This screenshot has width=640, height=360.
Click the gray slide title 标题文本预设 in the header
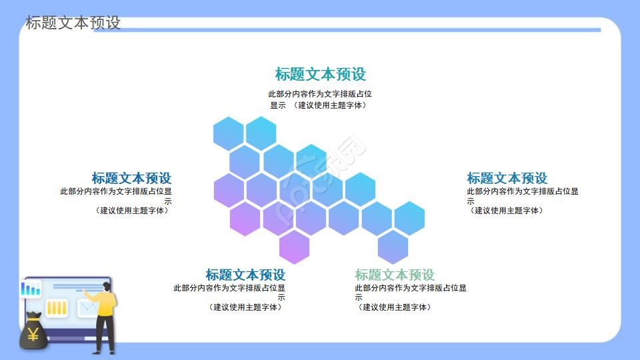73,23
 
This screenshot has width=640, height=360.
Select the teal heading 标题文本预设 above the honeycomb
320,74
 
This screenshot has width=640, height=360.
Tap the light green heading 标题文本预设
395,275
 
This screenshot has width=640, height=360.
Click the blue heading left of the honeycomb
131,178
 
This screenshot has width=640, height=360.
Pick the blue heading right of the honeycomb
507,178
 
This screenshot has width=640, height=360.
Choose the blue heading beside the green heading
245,275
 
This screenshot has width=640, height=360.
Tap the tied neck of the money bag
33,316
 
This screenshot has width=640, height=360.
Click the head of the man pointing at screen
107,287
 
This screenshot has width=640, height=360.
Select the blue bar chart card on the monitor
31,289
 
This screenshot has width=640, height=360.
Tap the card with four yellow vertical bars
57,308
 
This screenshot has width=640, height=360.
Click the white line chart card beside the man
87,308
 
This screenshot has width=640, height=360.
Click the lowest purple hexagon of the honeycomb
294,247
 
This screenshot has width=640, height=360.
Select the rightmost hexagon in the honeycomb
409,217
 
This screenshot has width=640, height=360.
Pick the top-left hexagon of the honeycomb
229,133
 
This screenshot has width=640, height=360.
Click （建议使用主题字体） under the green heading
394,307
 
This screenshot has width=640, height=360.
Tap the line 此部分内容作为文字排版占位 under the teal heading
320,94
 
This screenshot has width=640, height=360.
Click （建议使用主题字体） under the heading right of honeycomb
507,211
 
